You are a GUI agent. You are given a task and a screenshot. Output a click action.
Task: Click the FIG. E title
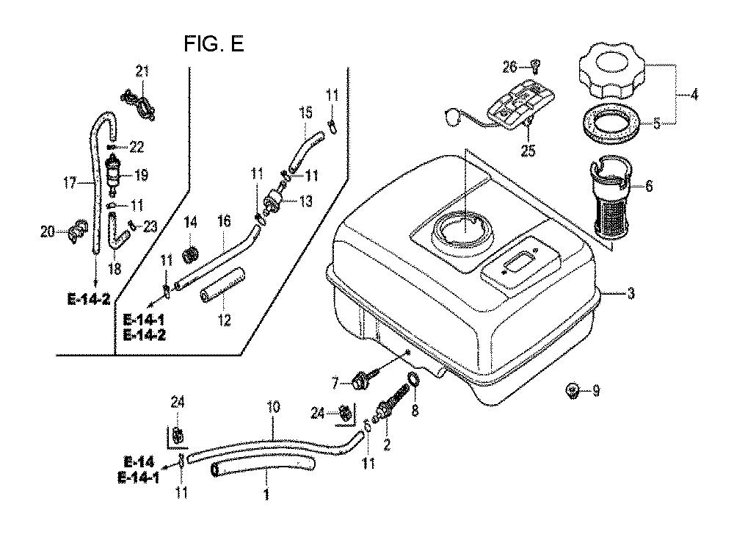click(x=214, y=44)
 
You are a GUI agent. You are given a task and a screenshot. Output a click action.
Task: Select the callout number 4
click(x=694, y=95)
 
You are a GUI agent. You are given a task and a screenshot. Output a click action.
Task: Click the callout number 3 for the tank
click(x=631, y=294)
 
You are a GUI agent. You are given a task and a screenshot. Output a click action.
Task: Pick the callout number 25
click(x=528, y=151)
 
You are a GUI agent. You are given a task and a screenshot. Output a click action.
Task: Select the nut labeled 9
click(x=572, y=389)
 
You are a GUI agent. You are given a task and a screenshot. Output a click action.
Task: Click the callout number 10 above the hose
click(x=273, y=406)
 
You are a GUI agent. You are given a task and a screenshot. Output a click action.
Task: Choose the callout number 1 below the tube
click(x=266, y=494)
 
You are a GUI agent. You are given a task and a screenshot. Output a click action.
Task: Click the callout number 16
click(x=224, y=220)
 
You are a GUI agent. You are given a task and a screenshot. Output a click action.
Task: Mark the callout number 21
click(x=142, y=71)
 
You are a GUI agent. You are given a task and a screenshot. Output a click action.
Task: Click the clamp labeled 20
click(x=78, y=230)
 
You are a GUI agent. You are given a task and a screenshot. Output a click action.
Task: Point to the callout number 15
click(x=305, y=112)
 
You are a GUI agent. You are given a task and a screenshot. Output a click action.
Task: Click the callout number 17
click(x=70, y=182)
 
